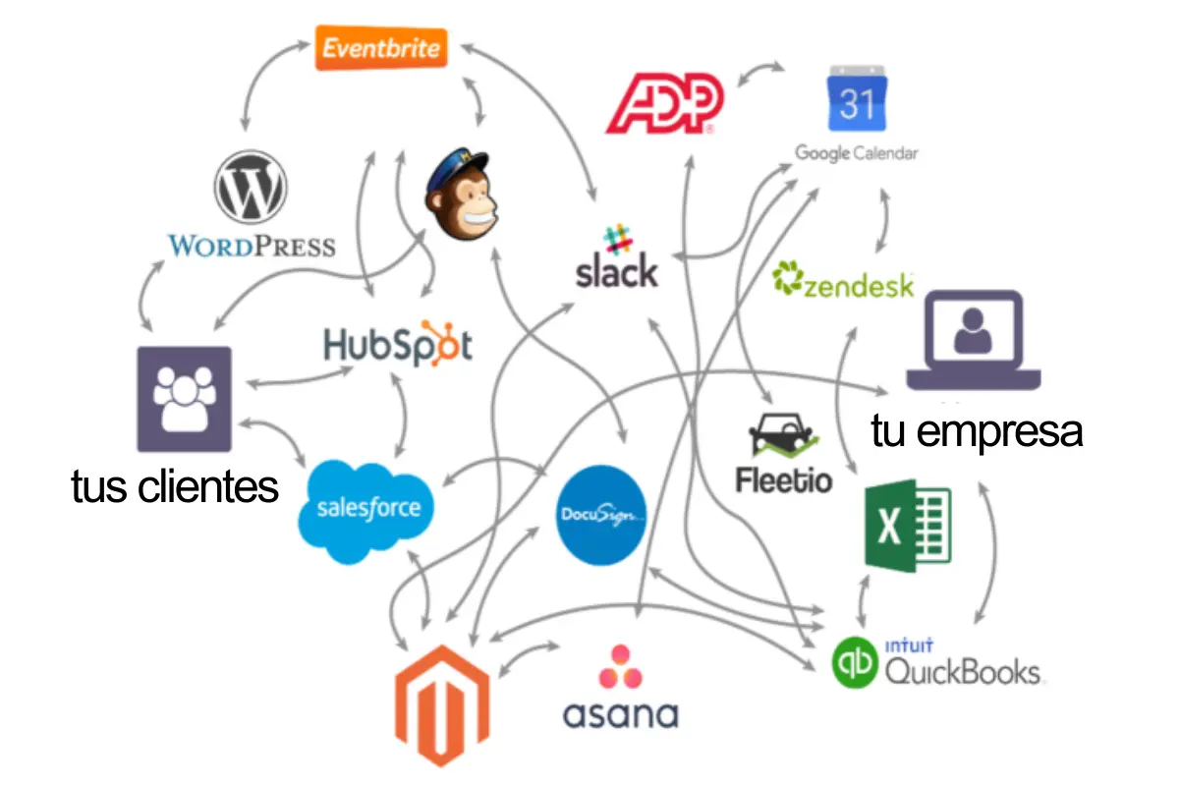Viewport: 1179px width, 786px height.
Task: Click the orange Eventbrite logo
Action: click(x=381, y=47)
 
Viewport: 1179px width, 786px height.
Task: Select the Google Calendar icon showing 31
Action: click(x=857, y=99)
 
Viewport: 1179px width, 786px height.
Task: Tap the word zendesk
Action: click(x=858, y=285)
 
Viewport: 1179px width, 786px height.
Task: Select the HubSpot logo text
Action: click(x=398, y=345)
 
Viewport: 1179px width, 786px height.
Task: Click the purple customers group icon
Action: click(x=184, y=399)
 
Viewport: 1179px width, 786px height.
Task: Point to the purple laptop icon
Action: click(x=973, y=339)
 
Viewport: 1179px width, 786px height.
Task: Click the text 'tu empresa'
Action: click(x=977, y=430)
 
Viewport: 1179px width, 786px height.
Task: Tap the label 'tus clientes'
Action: click(x=175, y=486)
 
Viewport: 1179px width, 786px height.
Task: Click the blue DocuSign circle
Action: click(x=600, y=516)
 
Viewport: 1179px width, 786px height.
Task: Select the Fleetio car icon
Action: click(x=784, y=437)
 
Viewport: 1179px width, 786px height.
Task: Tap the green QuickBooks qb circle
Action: click(x=855, y=664)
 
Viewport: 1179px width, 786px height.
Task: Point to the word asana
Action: click(x=620, y=713)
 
